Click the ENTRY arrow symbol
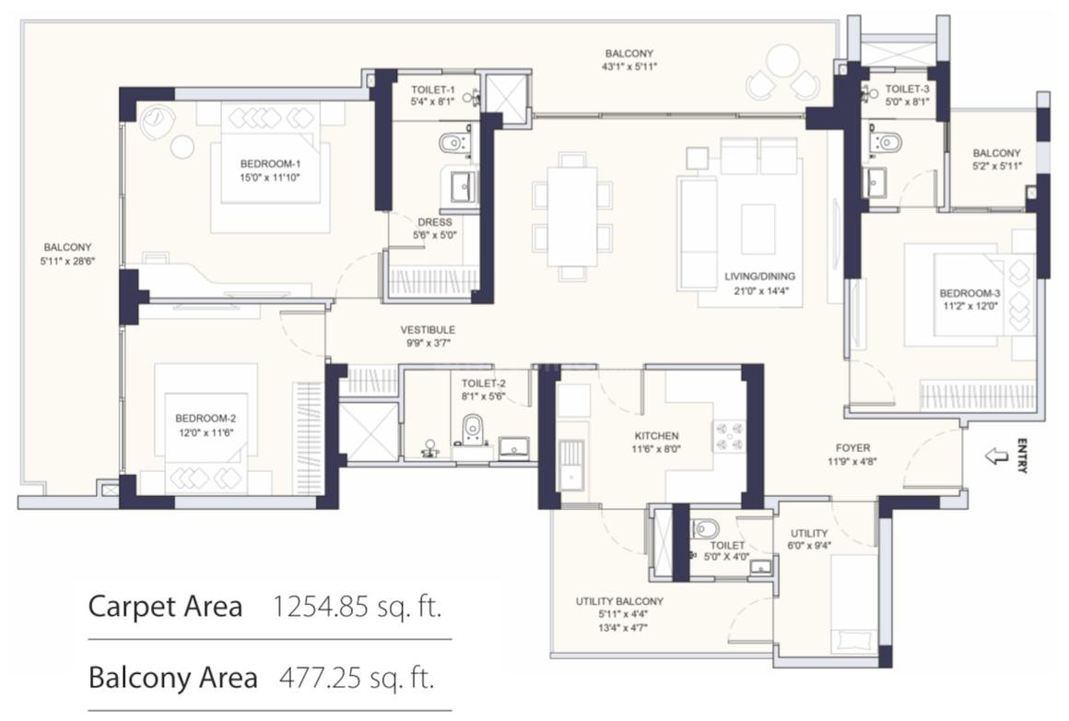tap(997, 456)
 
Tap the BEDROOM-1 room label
tap(270, 164)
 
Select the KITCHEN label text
tap(656, 436)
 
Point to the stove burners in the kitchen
tap(729, 436)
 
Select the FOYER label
tap(852, 448)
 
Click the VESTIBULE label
tap(428, 330)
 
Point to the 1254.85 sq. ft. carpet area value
tap(357, 607)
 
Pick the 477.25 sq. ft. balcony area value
tap(357, 678)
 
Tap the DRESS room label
tap(435, 222)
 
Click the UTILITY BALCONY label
tap(619, 602)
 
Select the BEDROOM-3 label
tap(969, 294)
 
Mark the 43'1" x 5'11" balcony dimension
tap(629, 67)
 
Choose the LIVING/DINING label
tap(759, 277)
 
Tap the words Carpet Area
tap(166, 607)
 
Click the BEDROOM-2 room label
tap(206, 419)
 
